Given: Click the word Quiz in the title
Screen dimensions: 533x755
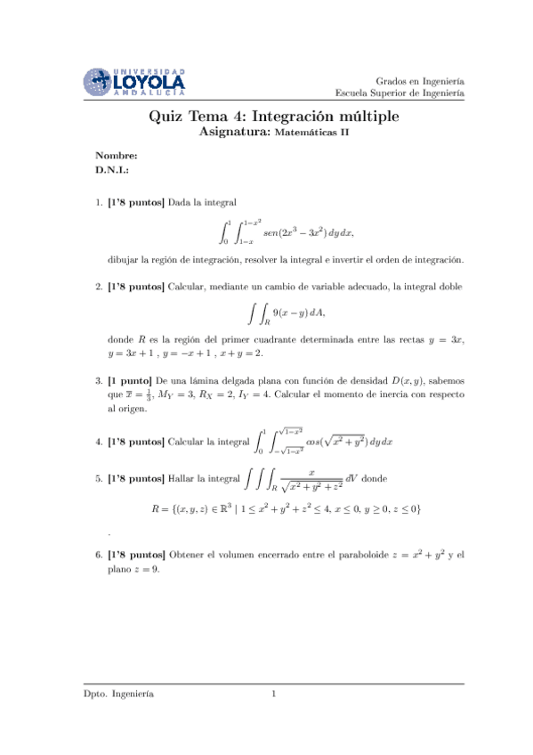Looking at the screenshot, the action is click(166, 118).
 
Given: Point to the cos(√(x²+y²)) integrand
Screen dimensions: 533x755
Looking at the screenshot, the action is click(341, 442).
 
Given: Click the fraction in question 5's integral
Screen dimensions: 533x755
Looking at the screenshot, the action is click(311, 480).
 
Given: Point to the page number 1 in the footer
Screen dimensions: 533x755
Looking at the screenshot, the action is click(275, 694).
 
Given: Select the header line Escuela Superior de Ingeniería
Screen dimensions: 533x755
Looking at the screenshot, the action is click(400, 92).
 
